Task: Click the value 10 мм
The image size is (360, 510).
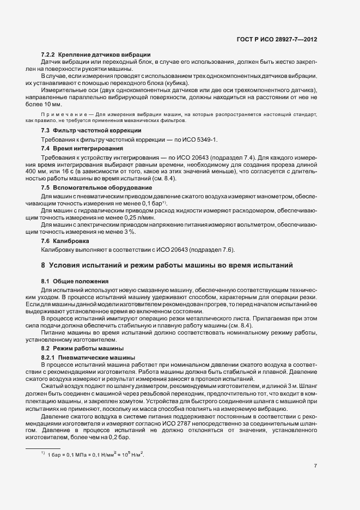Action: click(53, 104)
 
